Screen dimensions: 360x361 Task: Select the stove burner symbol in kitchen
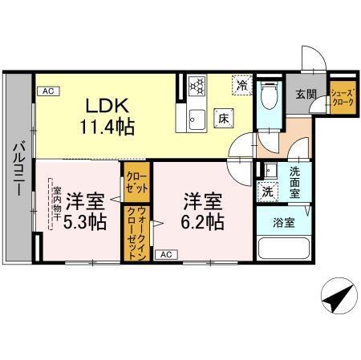coord(197,84)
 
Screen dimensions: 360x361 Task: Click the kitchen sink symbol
coord(197,121)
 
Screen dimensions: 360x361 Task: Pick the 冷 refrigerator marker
coord(240,83)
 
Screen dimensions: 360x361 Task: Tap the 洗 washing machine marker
coord(266,191)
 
